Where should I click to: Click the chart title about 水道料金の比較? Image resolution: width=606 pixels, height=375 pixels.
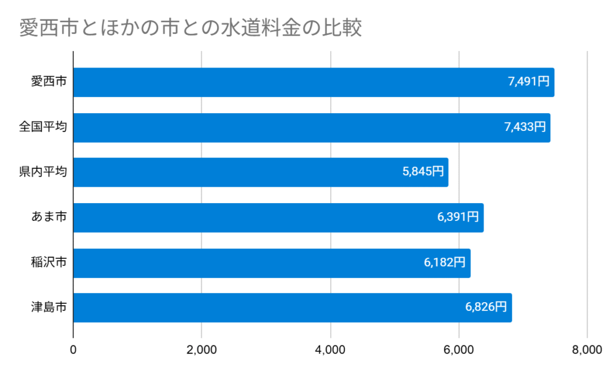point(191,28)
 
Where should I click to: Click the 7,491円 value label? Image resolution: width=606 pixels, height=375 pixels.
point(528,82)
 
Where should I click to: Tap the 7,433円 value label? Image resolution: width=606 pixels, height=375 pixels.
point(524,127)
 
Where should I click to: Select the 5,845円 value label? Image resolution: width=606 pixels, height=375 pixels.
point(423,172)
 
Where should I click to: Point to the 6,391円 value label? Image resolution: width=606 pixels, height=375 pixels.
point(457,217)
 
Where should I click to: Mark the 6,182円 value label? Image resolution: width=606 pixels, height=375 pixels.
point(444,262)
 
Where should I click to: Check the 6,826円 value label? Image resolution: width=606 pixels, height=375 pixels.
point(486,307)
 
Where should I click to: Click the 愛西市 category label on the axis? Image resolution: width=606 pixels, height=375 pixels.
point(49,82)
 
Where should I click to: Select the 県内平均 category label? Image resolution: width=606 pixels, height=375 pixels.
point(43,172)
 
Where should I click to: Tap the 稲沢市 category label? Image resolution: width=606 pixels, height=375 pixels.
point(49,262)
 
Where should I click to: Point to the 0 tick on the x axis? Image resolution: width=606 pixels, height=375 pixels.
point(73,350)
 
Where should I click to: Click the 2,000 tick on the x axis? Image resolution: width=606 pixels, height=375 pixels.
point(202,350)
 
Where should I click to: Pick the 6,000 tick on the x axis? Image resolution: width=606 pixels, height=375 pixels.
point(459,350)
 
